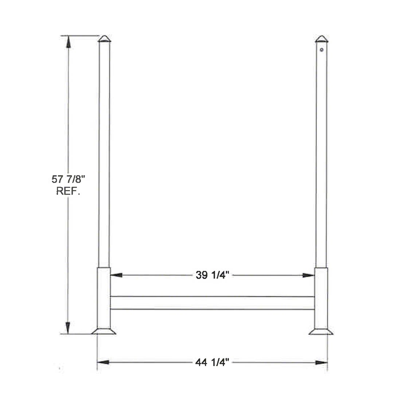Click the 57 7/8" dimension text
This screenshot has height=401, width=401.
point(68,179)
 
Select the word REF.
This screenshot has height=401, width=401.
point(68,191)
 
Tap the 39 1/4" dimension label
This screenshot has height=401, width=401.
point(212,275)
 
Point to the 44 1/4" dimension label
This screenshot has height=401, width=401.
point(212,362)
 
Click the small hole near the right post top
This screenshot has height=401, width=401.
point(322,50)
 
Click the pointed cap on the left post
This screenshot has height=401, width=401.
point(104,39)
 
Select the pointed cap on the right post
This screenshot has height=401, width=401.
point(322,39)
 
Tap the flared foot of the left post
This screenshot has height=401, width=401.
point(104,331)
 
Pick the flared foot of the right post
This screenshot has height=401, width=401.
point(321,332)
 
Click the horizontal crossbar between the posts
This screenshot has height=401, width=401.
point(212,303)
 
